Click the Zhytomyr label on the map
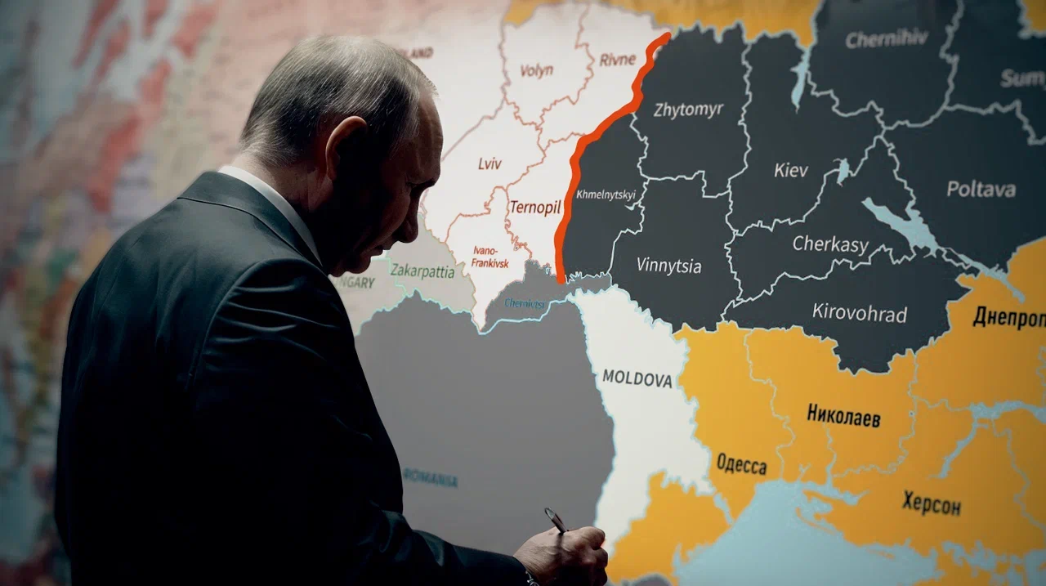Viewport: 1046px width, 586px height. [x=688, y=110]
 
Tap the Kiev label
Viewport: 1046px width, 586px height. [x=790, y=171]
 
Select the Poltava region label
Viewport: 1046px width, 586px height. [x=981, y=190]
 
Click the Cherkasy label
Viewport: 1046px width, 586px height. [x=830, y=244]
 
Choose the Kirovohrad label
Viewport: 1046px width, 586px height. [x=859, y=312]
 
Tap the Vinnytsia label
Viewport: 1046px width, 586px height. [x=668, y=266]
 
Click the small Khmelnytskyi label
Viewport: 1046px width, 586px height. [x=606, y=195]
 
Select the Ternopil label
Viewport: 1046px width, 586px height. [x=534, y=207]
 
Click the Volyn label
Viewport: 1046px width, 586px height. [x=536, y=70]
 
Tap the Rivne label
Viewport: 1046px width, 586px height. [x=617, y=59]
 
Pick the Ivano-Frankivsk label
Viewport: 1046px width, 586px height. [x=490, y=257]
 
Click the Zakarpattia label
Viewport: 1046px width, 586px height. [x=422, y=270]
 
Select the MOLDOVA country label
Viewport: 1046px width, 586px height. [x=637, y=379]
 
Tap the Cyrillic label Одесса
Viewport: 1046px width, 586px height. [x=741, y=465]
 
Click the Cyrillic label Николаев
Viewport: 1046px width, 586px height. [x=843, y=416]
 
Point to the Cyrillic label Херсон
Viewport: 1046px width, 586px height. [x=931, y=503]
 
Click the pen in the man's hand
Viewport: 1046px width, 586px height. [x=557, y=521]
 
